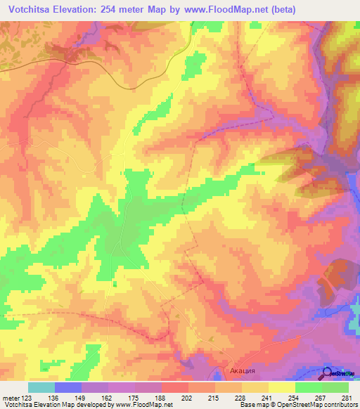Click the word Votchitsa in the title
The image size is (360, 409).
click(x=34, y=10)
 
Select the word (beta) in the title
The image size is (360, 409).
click(x=281, y=10)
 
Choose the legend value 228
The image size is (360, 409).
click(x=241, y=398)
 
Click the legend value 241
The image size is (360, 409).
click(x=268, y=398)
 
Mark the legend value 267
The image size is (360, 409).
click(x=321, y=398)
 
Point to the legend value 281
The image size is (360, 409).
click(x=346, y=398)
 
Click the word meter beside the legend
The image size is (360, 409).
click(x=10, y=398)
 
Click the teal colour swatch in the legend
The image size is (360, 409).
click(x=41, y=387)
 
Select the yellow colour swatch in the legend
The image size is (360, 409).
click(x=281, y=387)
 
